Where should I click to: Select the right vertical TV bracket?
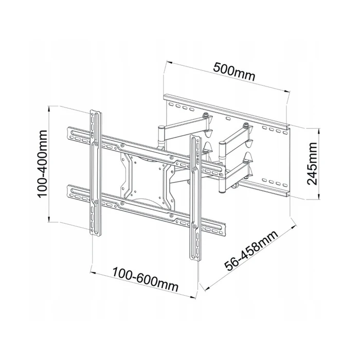pos(195,195)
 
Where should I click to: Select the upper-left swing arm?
pos(183,123)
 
